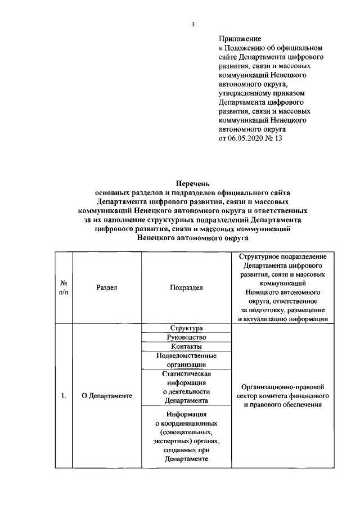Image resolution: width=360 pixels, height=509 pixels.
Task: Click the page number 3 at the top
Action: coord(192,24)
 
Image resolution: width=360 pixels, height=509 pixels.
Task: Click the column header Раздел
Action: coord(106,287)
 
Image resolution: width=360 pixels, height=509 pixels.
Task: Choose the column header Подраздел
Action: coord(186,287)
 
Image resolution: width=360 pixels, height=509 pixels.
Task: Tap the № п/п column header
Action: coord(64,287)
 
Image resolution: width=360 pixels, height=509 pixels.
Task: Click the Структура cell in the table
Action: coord(186,328)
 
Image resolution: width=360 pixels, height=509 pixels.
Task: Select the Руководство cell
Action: coord(186,337)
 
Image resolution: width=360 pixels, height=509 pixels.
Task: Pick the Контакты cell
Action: coord(186,346)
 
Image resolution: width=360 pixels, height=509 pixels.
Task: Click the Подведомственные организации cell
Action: coord(186,360)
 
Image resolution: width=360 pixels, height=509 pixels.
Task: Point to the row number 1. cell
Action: coord(64,396)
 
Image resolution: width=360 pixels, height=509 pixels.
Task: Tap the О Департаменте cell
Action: coord(106,396)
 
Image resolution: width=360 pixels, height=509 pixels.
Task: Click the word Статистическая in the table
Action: coord(186,373)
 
